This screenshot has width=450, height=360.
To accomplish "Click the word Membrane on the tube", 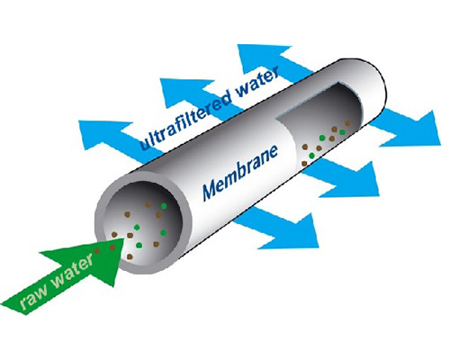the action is tap(240, 173).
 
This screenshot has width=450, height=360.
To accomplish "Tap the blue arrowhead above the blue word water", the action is tap(264, 56).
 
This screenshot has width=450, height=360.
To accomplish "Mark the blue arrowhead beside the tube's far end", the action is tap(412, 129).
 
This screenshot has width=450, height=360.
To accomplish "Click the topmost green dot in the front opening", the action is tap(164, 206).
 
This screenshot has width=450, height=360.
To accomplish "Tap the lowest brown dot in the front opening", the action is tap(130, 256).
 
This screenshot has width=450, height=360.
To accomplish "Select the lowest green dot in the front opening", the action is tap(139, 245).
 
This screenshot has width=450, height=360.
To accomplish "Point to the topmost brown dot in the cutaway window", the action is tap(347, 123).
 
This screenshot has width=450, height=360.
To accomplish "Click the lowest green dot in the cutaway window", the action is tap(311, 155).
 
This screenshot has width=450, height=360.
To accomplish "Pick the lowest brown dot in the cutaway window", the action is tap(304, 164).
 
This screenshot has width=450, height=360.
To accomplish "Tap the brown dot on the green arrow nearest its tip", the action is tap(112, 247).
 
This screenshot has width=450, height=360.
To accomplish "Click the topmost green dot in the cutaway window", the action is tap(342, 132).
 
